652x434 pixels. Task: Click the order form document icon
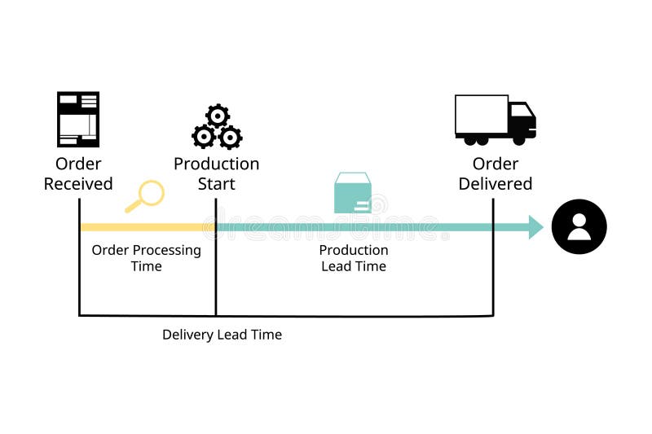(x=78, y=119)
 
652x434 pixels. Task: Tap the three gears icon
(x=217, y=128)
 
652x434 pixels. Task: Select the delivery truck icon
(x=495, y=120)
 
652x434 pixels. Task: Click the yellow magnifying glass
(x=146, y=195)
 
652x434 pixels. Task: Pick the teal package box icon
(x=353, y=193)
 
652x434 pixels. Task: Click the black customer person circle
(x=579, y=227)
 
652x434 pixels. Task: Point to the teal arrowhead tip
(x=541, y=227)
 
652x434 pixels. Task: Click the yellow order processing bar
(x=147, y=227)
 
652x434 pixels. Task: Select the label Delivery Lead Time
(x=222, y=335)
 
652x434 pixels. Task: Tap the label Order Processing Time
(x=146, y=258)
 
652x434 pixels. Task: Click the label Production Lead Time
(x=353, y=258)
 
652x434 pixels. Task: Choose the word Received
(x=78, y=184)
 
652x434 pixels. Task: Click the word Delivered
(x=495, y=184)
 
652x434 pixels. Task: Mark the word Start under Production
(x=217, y=184)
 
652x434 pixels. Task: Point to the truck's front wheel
(x=519, y=139)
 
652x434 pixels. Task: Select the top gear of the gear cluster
(x=218, y=116)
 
